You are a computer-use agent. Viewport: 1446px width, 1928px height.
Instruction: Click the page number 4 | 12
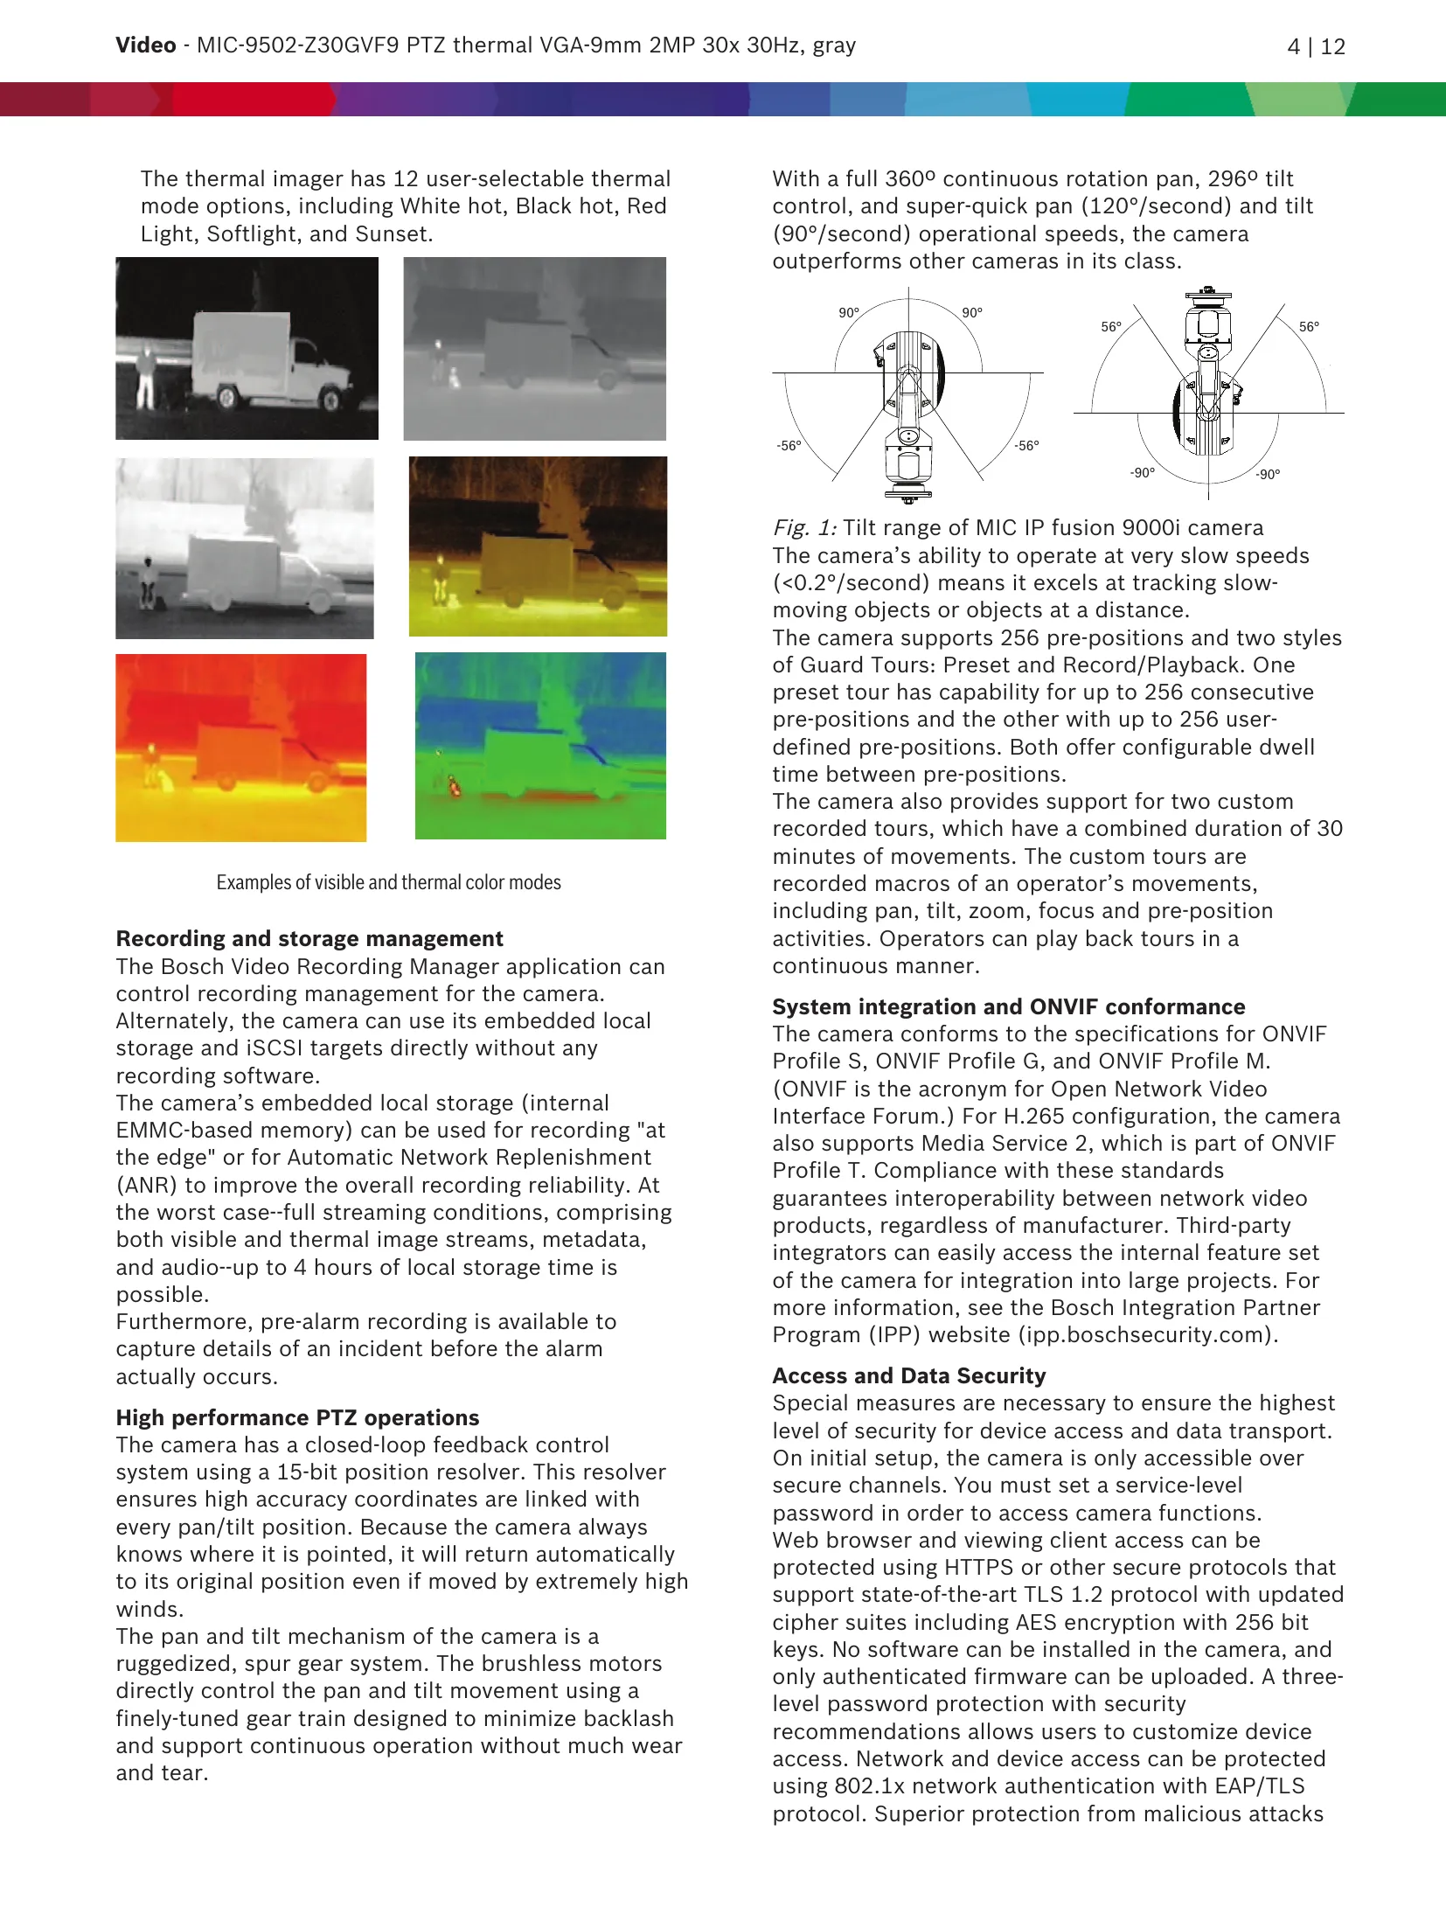[1316, 46]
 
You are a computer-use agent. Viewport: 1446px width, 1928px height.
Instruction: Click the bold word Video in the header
[145, 45]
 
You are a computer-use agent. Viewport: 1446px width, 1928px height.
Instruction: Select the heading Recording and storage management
[309, 938]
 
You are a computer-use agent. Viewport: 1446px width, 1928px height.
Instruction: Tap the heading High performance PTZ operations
[297, 1417]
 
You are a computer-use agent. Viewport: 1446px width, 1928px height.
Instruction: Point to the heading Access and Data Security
[908, 1375]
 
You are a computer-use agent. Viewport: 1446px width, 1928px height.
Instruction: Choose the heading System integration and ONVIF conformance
[1008, 1006]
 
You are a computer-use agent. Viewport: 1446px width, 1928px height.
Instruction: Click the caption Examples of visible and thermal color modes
[388, 882]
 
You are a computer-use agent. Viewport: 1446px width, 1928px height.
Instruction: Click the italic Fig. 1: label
[804, 528]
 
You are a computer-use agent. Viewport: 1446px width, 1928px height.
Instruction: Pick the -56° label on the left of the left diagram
[789, 446]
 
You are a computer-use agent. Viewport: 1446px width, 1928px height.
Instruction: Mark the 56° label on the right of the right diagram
[1309, 327]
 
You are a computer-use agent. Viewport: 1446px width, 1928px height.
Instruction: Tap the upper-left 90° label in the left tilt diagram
[849, 313]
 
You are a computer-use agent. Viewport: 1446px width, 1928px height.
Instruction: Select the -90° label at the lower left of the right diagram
[1142, 473]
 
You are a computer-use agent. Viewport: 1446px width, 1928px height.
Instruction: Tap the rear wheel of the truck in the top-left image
[227, 398]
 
